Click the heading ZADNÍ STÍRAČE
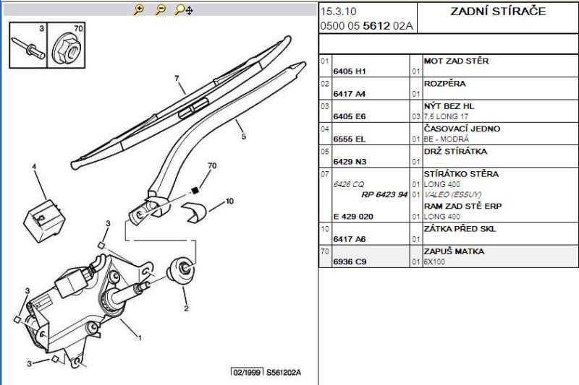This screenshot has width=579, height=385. [499, 12]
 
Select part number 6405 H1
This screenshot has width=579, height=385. [350, 72]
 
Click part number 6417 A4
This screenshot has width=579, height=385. [350, 94]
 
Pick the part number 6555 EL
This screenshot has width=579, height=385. [349, 139]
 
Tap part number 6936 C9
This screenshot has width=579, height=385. [350, 261]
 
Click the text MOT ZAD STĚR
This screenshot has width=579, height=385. [456, 61]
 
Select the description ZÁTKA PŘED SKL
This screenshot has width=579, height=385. [460, 229]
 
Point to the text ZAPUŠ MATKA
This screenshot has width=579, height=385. [454, 251]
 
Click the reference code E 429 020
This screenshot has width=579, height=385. [353, 217]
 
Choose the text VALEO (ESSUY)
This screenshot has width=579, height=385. [449, 195]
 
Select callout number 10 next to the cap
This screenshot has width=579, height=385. [229, 200]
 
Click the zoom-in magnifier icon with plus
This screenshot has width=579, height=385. [139, 10]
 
